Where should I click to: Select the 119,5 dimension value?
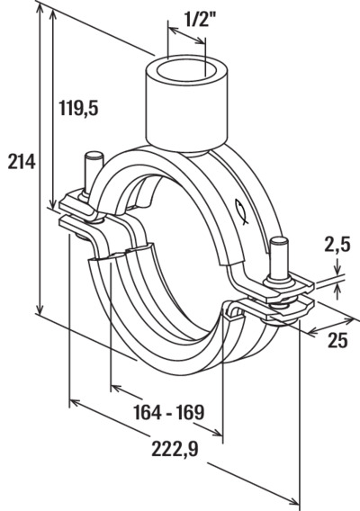point(78,108)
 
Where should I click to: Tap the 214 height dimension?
point(22,161)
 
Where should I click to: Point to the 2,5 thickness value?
point(337,245)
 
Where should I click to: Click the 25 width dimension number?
point(337,340)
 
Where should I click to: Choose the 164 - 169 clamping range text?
point(169,412)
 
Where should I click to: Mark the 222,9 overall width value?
point(175,450)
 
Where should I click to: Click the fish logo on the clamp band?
point(242,211)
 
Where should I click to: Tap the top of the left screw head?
point(94,155)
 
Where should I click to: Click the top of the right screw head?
point(280,241)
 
